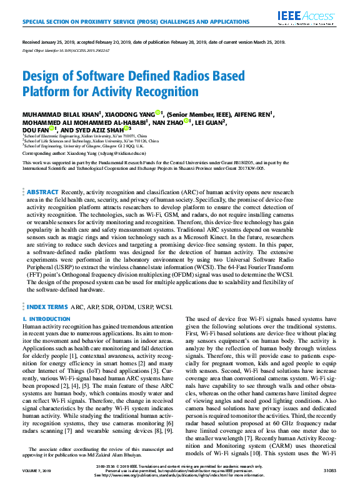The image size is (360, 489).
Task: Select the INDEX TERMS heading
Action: (x=47, y=307)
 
